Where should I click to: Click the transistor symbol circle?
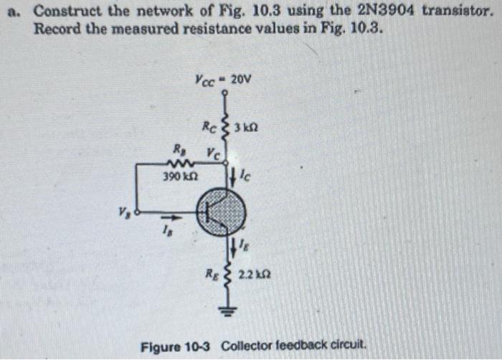(x=222, y=212)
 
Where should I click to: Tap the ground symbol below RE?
(x=231, y=313)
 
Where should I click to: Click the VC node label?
(x=213, y=152)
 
